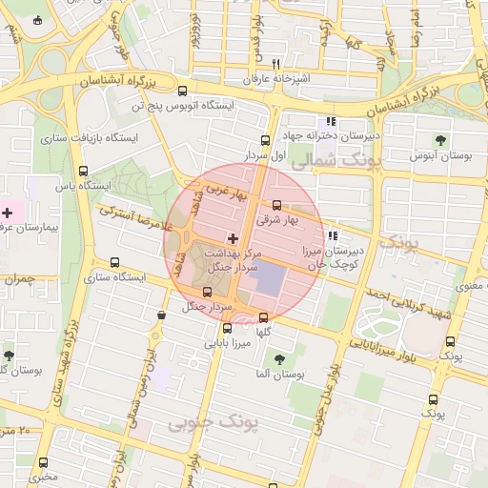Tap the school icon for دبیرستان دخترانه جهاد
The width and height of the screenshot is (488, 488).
click(331, 122)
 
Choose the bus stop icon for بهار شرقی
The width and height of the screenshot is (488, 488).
click(277, 205)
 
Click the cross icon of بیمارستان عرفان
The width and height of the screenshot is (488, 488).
click(8, 212)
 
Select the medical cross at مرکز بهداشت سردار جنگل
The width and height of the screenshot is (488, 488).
click(233, 236)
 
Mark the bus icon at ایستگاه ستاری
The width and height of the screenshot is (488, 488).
click(115, 262)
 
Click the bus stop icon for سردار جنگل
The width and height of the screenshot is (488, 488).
click(208, 292)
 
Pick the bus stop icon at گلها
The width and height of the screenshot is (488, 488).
click(264, 318)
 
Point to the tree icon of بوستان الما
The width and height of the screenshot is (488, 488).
click(279, 359)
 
